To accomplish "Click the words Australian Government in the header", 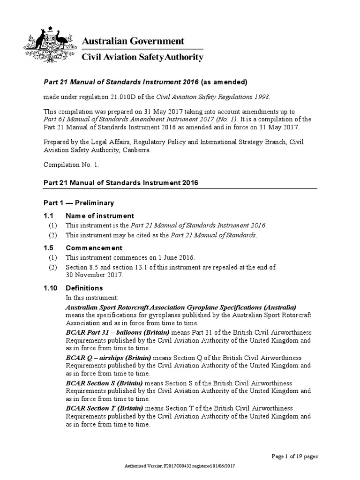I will [133, 41].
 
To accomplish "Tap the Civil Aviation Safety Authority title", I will [142, 57].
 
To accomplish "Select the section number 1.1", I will [49, 216].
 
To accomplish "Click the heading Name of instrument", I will [100, 216].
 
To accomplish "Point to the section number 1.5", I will [49, 248].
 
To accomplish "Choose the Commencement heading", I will [94, 248].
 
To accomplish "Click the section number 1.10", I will [51, 288].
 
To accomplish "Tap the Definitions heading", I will [84, 288].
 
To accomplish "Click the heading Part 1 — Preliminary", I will [79, 203].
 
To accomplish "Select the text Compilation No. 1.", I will [71, 165].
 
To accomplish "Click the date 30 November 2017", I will [94, 275].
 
